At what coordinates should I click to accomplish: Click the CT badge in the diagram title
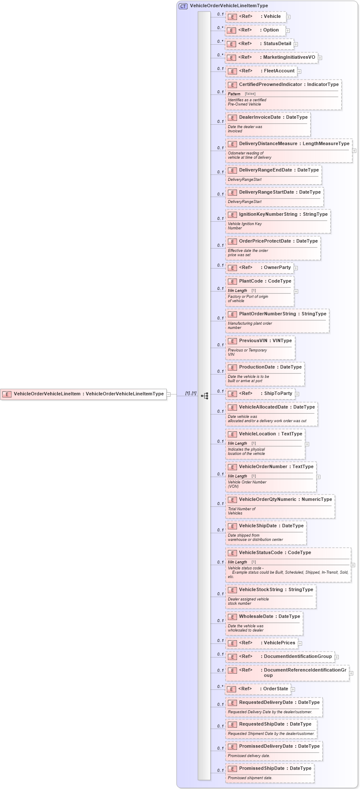coord(183,6)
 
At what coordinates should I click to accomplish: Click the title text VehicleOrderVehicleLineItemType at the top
coord(229,6)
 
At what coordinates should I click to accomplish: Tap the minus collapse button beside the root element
coord(169,394)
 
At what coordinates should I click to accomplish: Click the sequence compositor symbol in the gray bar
coord(205,396)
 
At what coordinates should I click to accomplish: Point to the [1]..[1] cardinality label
coord(191,393)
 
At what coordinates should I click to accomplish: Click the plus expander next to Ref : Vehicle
coord(289,17)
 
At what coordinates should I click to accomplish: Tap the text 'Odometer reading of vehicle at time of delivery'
coord(249,155)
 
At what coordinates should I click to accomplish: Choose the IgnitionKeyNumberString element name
coord(268,214)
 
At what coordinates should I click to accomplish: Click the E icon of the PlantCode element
coord(232,281)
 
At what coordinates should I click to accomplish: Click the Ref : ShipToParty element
coord(260,394)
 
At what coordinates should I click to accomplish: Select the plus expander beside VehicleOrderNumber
coord(318,477)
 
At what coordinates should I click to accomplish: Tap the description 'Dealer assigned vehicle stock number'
coord(248,601)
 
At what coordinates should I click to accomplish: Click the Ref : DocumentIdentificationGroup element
coord(280,657)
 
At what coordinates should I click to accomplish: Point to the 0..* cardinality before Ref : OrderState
coord(220,686)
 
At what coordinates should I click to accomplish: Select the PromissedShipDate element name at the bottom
coord(261,769)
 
